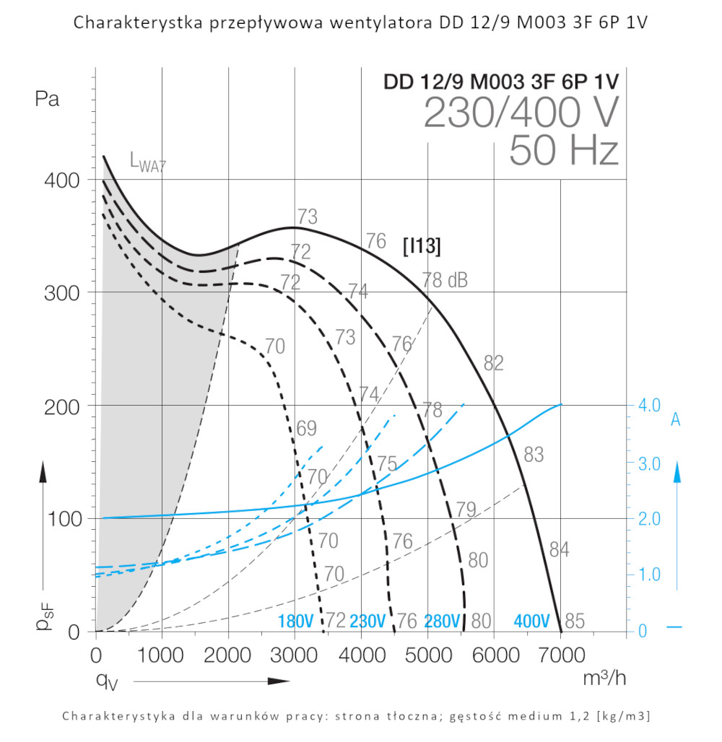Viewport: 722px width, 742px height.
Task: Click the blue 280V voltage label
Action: (442, 621)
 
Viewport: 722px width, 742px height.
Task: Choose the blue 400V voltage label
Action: (532, 621)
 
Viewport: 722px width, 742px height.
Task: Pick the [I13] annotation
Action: (422, 245)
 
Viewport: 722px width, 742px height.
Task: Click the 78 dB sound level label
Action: (445, 279)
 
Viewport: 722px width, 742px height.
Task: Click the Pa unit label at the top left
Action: (48, 100)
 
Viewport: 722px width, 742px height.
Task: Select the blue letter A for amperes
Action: (676, 419)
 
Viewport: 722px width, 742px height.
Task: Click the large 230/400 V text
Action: (521, 113)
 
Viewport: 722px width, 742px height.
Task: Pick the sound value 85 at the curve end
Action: (575, 621)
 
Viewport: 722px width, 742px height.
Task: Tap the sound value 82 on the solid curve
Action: (493, 364)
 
